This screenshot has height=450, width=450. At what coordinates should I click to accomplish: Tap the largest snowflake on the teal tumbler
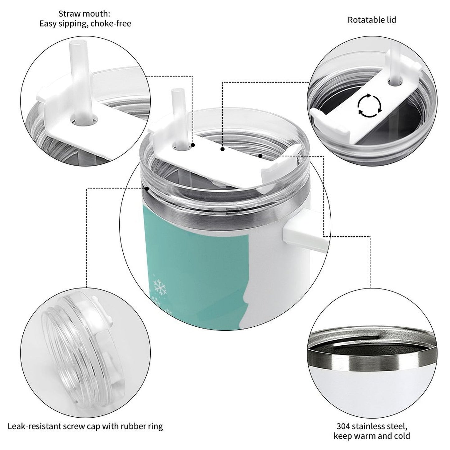tap(160, 287)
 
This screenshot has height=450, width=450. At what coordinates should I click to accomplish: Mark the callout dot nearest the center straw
tap(193, 145)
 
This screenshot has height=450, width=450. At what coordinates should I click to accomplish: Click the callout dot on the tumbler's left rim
tap(147, 189)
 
